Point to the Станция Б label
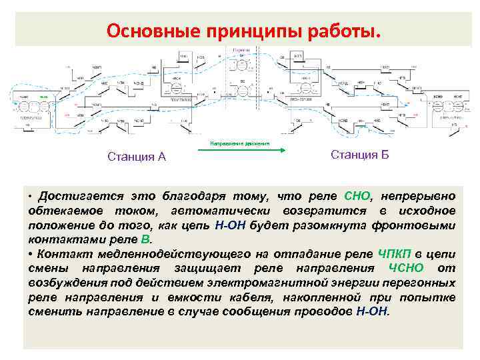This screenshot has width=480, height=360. coord(359,155)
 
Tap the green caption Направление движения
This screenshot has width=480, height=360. coord(240,143)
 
